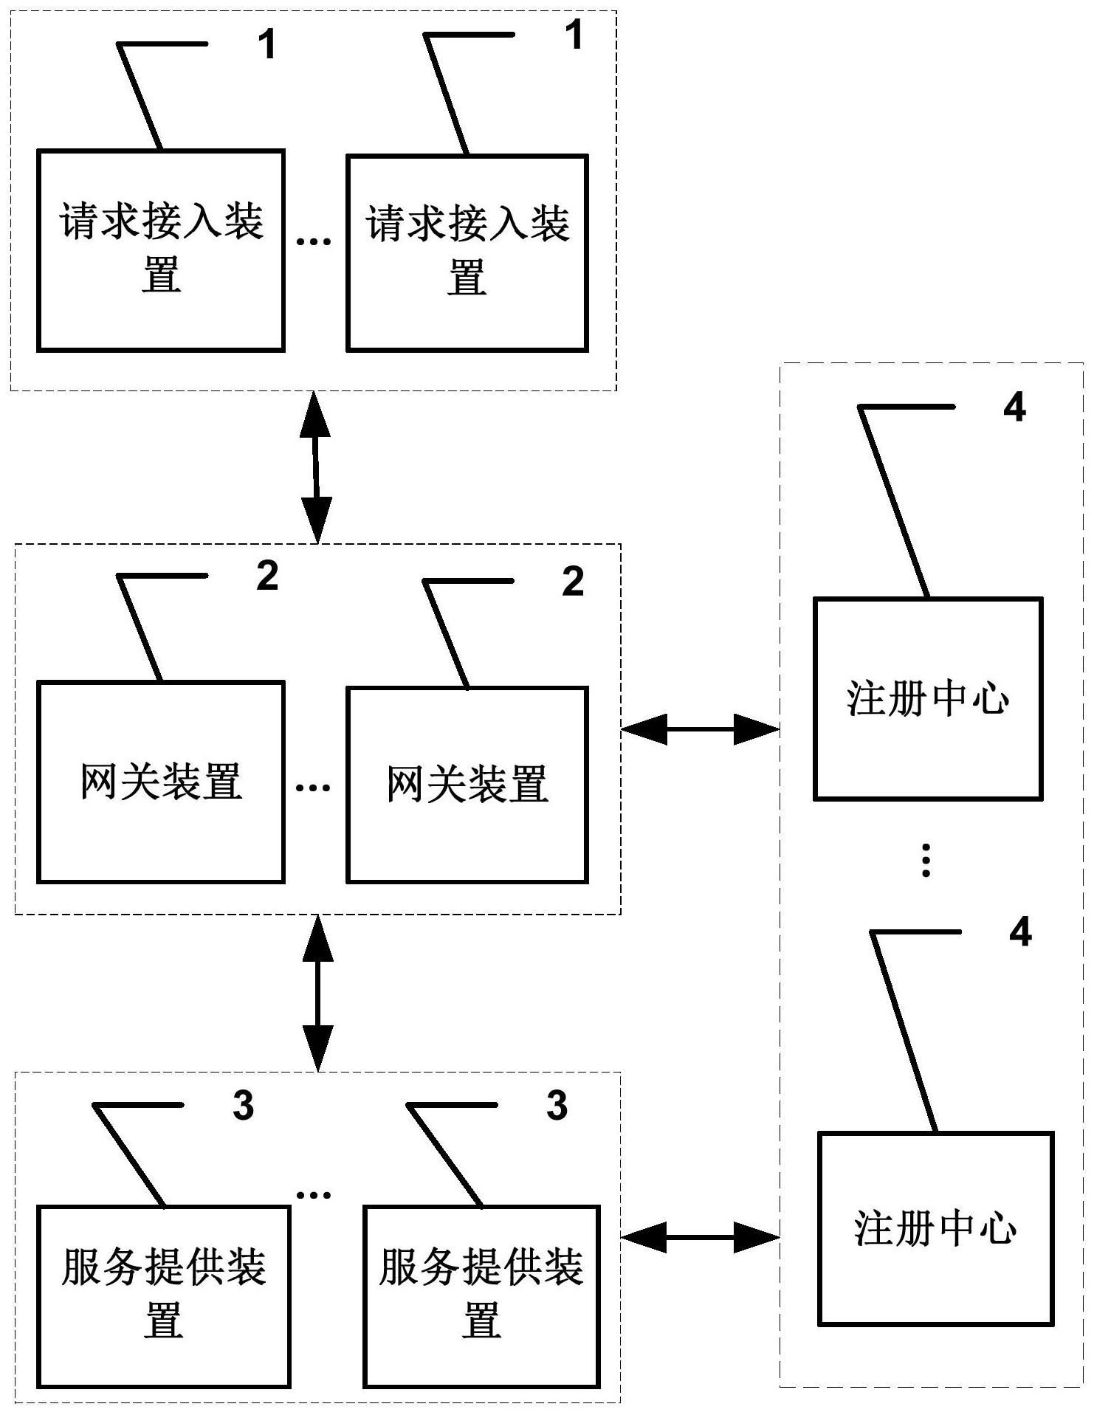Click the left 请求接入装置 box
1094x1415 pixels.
(161, 250)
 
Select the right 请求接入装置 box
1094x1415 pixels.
(467, 252)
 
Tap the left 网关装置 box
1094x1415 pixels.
(161, 782)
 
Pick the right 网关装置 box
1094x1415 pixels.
(467, 785)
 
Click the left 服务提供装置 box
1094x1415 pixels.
(163, 1297)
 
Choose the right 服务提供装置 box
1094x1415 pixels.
(481, 1297)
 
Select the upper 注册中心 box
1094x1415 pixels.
(928, 699)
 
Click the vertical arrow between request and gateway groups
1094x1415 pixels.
(317, 466)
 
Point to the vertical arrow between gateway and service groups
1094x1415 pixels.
(318, 993)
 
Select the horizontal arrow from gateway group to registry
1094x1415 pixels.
(700, 729)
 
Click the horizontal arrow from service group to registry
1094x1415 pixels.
(700, 1236)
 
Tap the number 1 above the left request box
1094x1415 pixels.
(266, 44)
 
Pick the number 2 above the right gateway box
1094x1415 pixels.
(573, 582)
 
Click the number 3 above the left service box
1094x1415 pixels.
(243, 1106)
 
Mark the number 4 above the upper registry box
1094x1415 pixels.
(1014, 407)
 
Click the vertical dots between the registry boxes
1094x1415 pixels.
(926, 860)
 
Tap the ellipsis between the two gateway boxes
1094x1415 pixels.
(313, 788)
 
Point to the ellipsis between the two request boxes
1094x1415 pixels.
(314, 241)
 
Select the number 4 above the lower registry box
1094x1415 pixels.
(1019, 932)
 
